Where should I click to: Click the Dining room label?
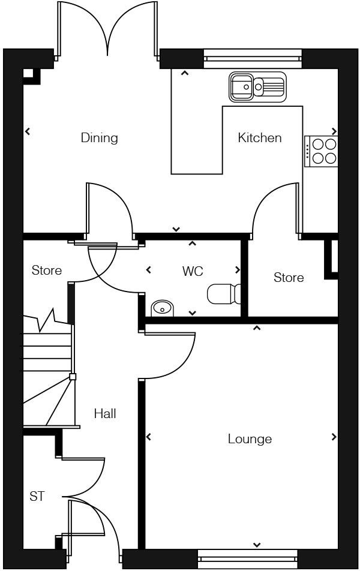click(100, 138)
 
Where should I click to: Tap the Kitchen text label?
click(259, 138)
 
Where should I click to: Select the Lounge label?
click(250, 439)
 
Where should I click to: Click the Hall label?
click(105, 414)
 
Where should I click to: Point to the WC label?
click(193, 272)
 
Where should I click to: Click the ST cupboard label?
click(37, 497)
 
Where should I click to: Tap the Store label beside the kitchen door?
click(289, 278)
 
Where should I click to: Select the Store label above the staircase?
click(47, 271)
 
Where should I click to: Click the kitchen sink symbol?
click(257, 87)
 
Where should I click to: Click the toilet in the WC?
click(224, 294)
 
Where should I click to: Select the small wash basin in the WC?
click(161, 308)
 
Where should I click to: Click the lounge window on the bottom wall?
click(247, 559)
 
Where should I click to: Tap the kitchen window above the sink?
click(253, 58)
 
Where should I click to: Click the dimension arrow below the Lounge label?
click(257, 545)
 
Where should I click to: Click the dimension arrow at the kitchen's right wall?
click(334, 132)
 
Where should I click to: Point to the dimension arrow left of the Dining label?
click(28, 132)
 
